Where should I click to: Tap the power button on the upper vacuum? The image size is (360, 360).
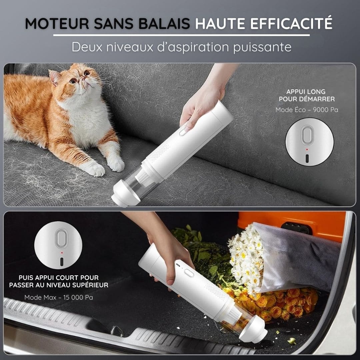(x=183, y=132)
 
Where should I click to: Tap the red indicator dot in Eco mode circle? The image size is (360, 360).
(x=307, y=150)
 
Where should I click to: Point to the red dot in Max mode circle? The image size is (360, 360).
(x=61, y=253)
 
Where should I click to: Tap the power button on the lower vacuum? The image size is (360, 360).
(x=189, y=273)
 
